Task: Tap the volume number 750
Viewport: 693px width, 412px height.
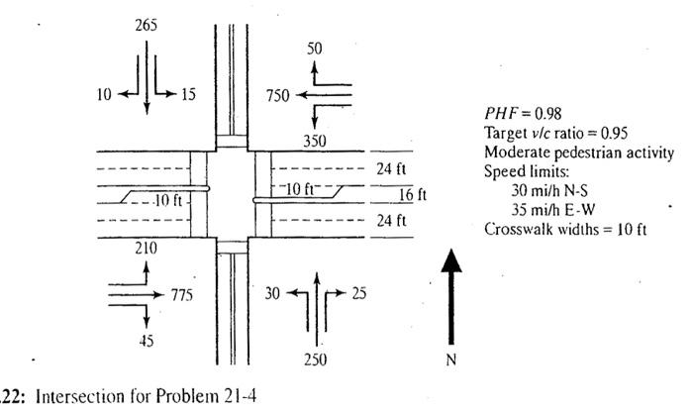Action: (279, 95)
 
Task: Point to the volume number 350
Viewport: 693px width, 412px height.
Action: (314, 142)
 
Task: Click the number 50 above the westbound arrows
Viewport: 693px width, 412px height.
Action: (315, 49)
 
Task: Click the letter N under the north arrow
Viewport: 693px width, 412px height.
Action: (451, 360)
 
